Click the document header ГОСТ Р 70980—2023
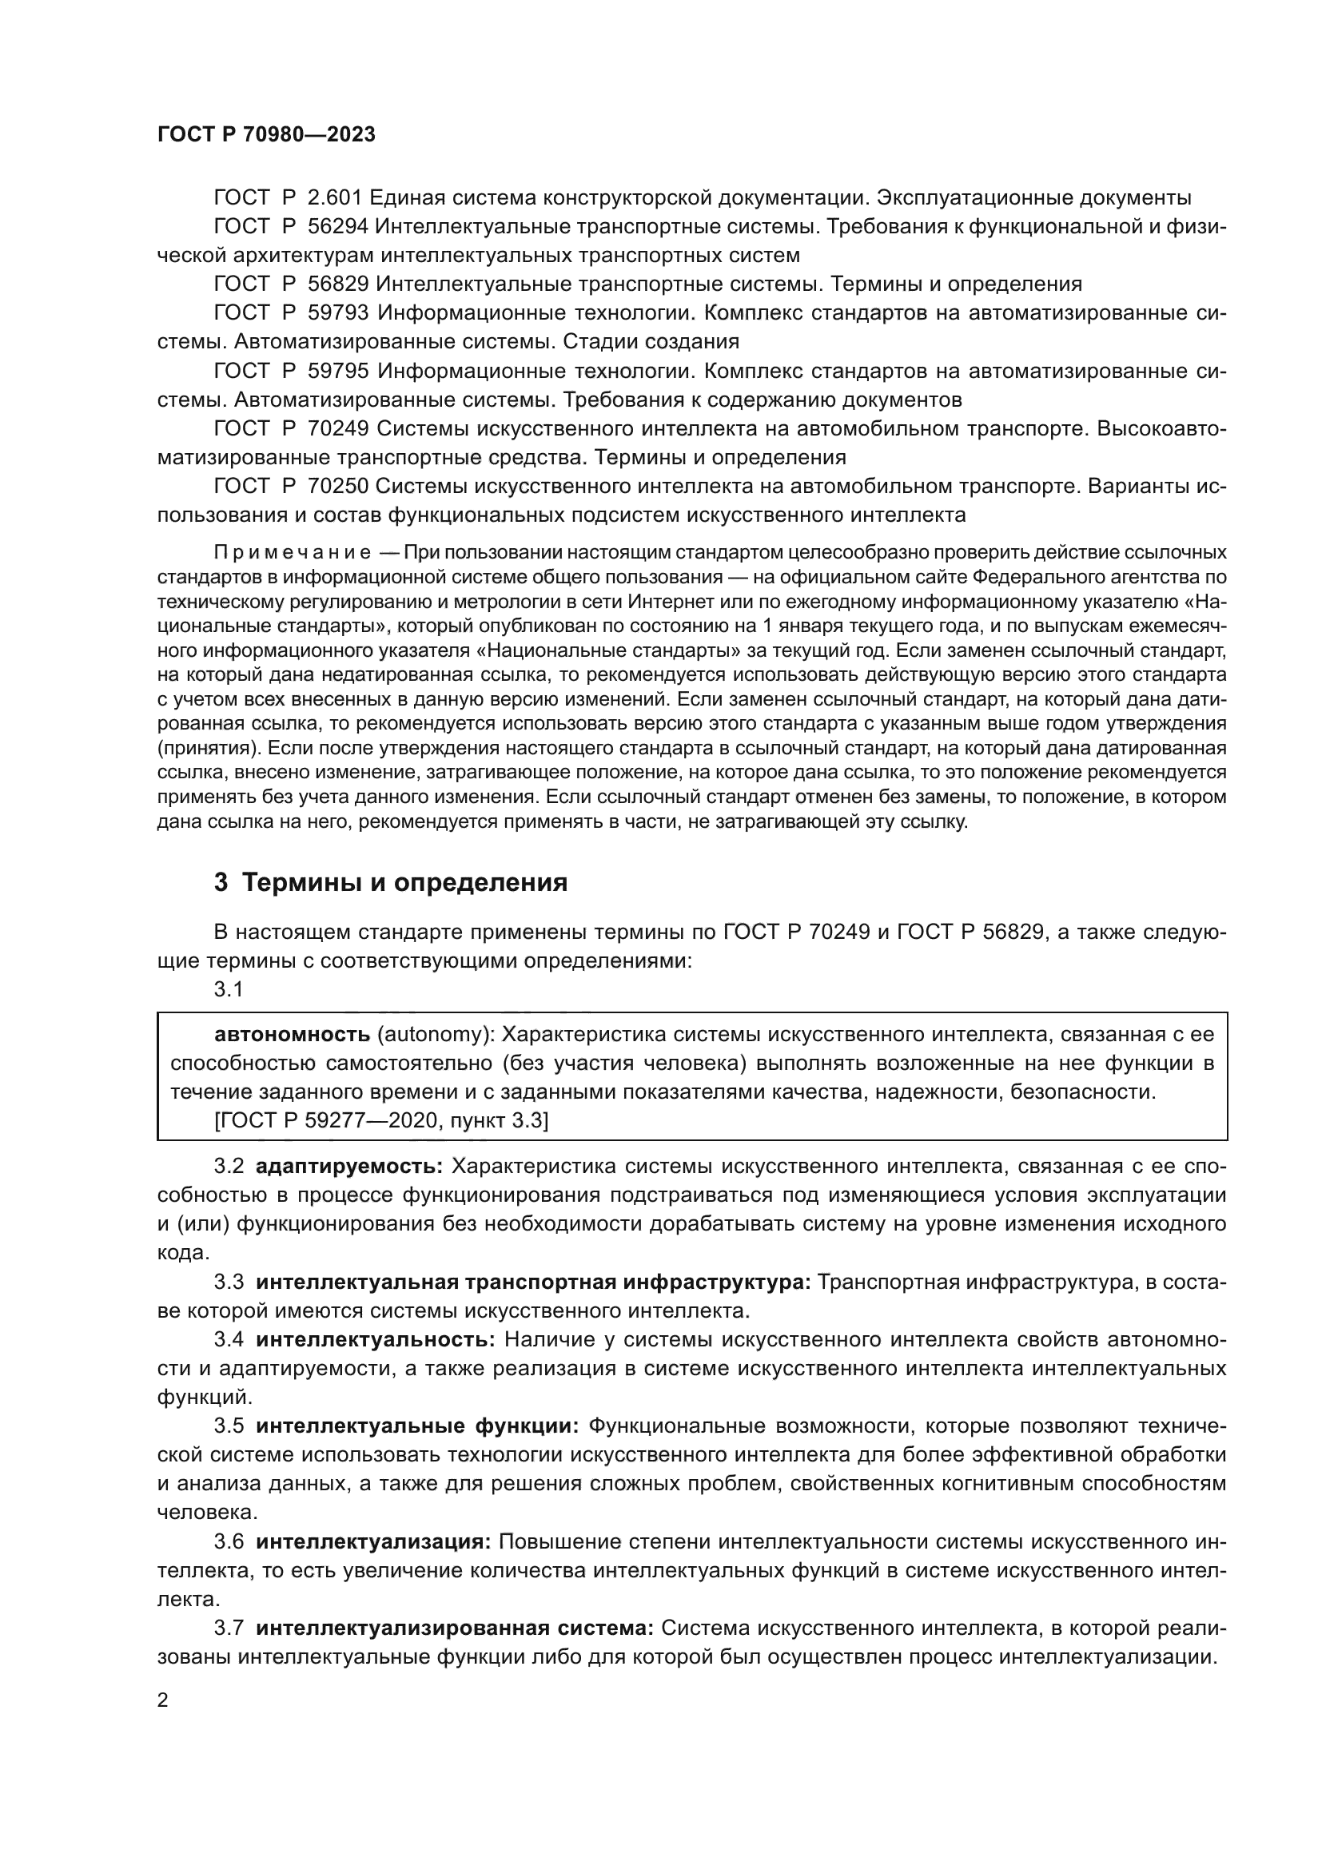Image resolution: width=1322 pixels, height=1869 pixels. click(x=266, y=135)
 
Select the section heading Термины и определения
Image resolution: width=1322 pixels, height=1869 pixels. click(x=404, y=882)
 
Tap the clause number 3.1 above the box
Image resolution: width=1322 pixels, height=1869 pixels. click(x=229, y=989)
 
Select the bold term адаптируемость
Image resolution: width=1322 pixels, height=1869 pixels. click(x=349, y=1167)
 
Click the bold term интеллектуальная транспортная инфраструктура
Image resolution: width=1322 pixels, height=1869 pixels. click(x=533, y=1282)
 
